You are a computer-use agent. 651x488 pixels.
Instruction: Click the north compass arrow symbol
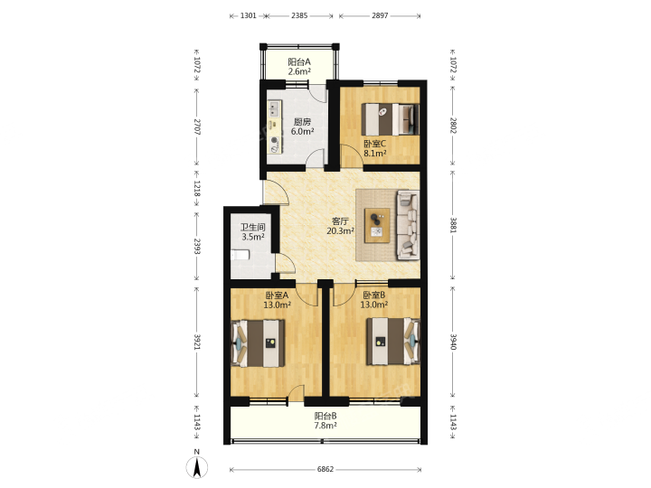click(197, 467)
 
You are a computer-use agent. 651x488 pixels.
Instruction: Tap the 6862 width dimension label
click(325, 469)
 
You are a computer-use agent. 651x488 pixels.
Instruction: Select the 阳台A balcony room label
click(300, 67)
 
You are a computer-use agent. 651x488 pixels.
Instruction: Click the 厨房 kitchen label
click(302, 127)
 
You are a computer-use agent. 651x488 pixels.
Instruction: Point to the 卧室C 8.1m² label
click(375, 148)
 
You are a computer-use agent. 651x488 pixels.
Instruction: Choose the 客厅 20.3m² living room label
click(341, 226)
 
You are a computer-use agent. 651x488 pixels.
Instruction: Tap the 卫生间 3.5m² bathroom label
click(253, 232)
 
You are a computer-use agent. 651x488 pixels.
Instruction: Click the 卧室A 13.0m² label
click(277, 300)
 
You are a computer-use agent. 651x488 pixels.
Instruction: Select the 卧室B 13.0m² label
click(374, 300)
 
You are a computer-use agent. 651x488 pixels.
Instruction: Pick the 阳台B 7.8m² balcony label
click(325, 420)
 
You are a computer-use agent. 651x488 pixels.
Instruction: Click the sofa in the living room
click(407, 224)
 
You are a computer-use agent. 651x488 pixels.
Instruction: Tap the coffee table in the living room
click(377, 225)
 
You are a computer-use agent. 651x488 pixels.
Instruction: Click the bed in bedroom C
click(390, 119)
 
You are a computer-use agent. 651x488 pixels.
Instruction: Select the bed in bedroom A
click(258, 343)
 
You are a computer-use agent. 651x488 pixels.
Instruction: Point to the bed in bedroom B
click(393, 342)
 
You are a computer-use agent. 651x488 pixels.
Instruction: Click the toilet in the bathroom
click(240, 254)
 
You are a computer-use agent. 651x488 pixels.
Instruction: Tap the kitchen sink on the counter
click(274, 109)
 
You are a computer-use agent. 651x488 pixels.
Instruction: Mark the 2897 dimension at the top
click(380, 15)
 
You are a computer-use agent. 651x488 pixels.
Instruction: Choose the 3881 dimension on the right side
click(453, 225)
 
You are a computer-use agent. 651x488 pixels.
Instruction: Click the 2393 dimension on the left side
click(197, 247)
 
